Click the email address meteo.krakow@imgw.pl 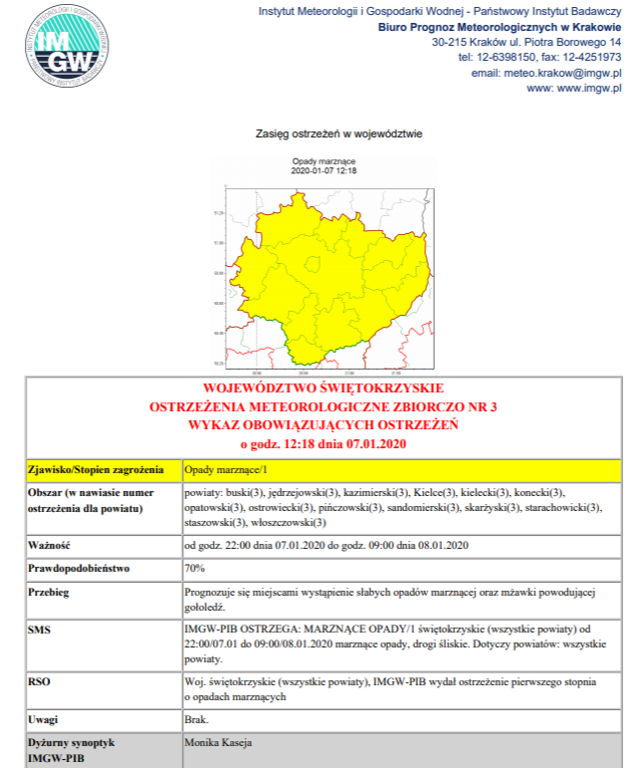[x=546, y=73]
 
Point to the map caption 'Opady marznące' [x=323, y=161]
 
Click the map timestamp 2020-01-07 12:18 [x=323, y=170]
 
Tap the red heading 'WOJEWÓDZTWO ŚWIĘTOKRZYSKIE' [x=323, y=388]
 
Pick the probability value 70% [x=195, y=569]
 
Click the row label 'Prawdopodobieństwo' [x=78, y=569]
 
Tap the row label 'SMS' [x=41, y=630]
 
